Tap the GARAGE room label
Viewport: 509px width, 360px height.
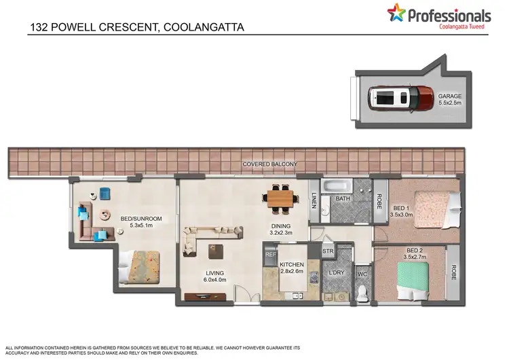[449, 100]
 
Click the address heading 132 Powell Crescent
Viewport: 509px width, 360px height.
[136, 28]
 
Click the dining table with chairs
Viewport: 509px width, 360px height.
[280, 198]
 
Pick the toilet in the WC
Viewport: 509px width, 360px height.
[362, 290]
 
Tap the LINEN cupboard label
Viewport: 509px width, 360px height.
[314, 201]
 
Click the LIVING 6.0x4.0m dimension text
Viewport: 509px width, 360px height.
[214, 278]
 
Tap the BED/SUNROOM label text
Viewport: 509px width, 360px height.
[141, 222]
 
